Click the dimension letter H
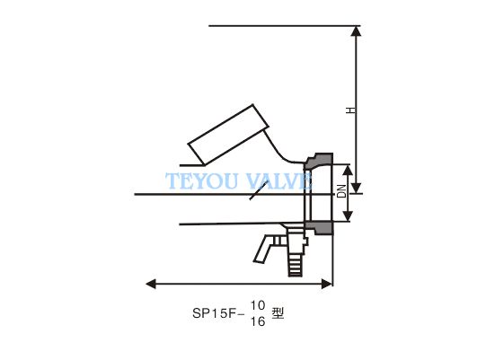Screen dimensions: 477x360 350,110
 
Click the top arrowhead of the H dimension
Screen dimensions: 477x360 357,31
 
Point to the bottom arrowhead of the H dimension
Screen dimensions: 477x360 357,189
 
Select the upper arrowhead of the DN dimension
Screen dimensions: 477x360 348,171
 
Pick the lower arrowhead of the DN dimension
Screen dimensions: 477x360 348,215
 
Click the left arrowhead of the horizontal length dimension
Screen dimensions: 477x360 151,284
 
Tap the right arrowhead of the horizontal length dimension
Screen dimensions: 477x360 327,284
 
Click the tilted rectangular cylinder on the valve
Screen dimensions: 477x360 228,135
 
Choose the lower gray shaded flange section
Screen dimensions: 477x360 320,228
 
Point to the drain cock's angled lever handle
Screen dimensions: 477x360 264,249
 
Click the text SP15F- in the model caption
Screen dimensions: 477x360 218,313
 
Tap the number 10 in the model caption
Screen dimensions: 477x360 258,305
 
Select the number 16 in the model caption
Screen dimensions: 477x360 258,321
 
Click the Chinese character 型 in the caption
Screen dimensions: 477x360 278,313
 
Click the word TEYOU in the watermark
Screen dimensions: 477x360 202,180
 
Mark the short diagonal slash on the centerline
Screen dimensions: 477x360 259,190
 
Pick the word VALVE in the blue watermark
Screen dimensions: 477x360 278,180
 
